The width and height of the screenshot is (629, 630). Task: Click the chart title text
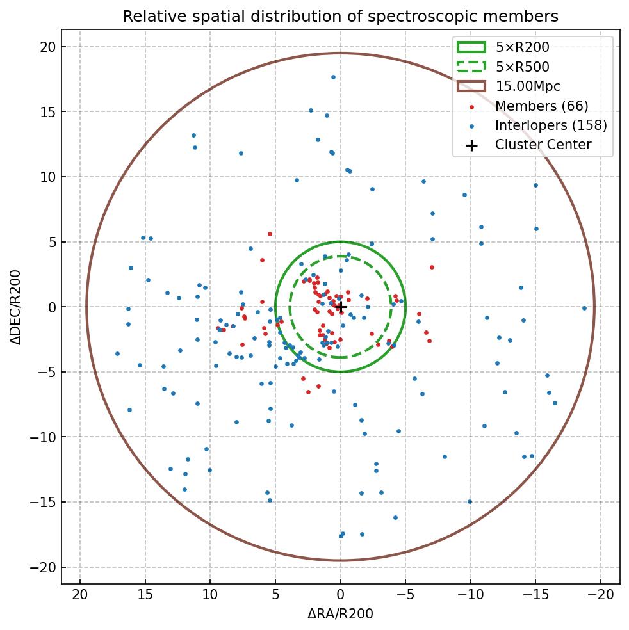click(340, 16)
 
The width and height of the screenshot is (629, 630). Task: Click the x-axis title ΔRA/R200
click(340, 614)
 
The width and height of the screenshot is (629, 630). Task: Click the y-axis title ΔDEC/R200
click(16, 307)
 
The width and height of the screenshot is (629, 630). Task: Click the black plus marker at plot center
click(340, 307)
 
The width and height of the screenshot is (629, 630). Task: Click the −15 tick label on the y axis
click(43, 503)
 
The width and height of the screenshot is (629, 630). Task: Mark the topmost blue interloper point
click(333, 77)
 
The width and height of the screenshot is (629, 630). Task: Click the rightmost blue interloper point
click(584, 308)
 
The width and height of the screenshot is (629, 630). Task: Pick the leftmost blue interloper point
click(117, 353)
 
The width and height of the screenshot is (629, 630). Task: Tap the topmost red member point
click(270, 234)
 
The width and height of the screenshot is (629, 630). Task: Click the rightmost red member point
click(432, 267)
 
